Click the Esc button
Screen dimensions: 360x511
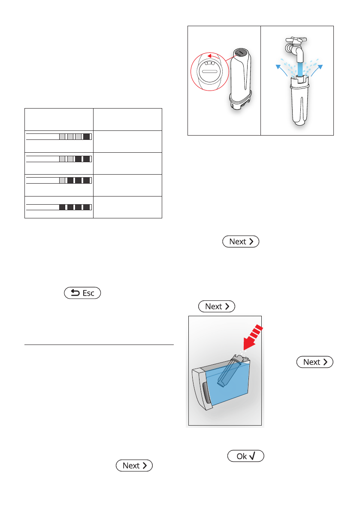[82, 293]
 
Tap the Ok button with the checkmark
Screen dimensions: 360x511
[245, 456]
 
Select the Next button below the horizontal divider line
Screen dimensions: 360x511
[134, 466]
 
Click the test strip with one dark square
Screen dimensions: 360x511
[59, 136]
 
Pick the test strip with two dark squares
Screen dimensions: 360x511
[59, 159]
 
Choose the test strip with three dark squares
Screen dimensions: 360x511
[59, 181]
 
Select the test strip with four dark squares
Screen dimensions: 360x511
[59, 207]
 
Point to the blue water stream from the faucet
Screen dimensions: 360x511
[300, 69]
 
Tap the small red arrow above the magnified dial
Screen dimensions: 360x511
[213, 56]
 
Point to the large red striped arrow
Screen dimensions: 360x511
[253, 337]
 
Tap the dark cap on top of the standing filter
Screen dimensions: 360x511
[240, 52]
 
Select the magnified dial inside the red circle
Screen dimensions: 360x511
[210, 72]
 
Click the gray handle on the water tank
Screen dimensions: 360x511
[206, 395]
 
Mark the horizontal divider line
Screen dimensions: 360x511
[99, 345]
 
